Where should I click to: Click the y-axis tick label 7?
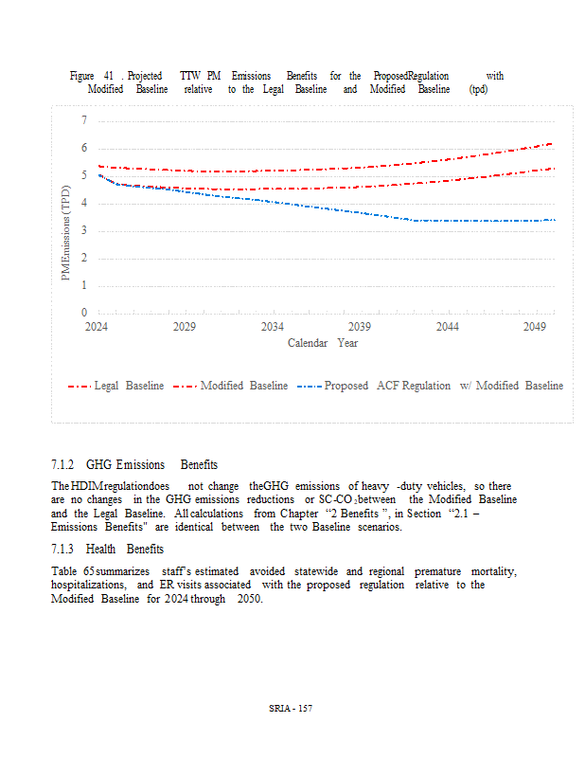83,120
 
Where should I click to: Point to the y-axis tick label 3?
83,230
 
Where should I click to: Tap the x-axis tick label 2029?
185,327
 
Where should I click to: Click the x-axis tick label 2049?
536,327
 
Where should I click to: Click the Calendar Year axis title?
323,343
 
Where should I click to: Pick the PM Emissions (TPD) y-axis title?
66,233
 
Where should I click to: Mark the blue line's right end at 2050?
554,220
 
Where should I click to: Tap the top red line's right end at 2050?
552,144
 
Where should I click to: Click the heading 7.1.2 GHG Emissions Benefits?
134,464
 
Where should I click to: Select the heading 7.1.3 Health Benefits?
107,549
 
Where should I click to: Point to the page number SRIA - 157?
291,710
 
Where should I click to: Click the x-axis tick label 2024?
97,327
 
